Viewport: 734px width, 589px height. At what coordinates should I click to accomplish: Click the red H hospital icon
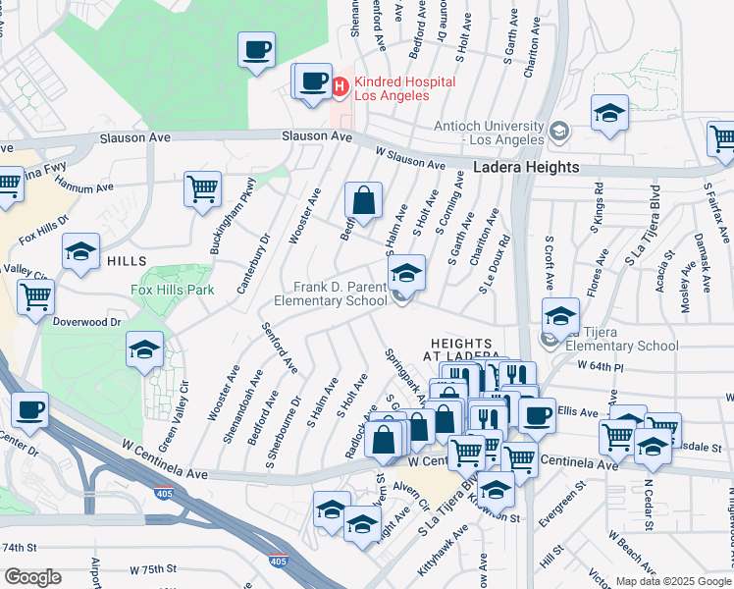(341, 87)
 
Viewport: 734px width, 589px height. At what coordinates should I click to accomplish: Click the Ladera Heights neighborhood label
(526, 168)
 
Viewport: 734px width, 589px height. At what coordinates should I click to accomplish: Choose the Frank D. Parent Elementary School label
(341, 294)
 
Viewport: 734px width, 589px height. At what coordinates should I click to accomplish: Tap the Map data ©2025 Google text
(672, 581)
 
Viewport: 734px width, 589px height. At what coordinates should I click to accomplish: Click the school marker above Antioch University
(609, 113)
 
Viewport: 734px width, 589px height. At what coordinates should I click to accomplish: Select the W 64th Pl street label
(601, 366)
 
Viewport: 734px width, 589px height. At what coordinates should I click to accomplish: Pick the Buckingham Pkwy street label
(251, 198)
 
